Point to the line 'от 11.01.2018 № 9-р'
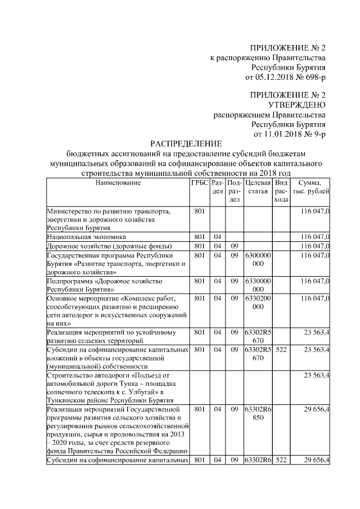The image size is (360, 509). (290, 134)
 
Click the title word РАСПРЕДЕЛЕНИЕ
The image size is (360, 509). (186, 144)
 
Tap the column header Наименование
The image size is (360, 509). (118, 183)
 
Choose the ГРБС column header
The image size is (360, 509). (200, 183)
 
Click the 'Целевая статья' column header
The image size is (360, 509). (258, 187)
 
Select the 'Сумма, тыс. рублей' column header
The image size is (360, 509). (310, 187)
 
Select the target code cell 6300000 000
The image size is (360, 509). (258, 260)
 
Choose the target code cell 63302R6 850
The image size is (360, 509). (258, 413)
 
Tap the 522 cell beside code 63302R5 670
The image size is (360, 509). (282, 349)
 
